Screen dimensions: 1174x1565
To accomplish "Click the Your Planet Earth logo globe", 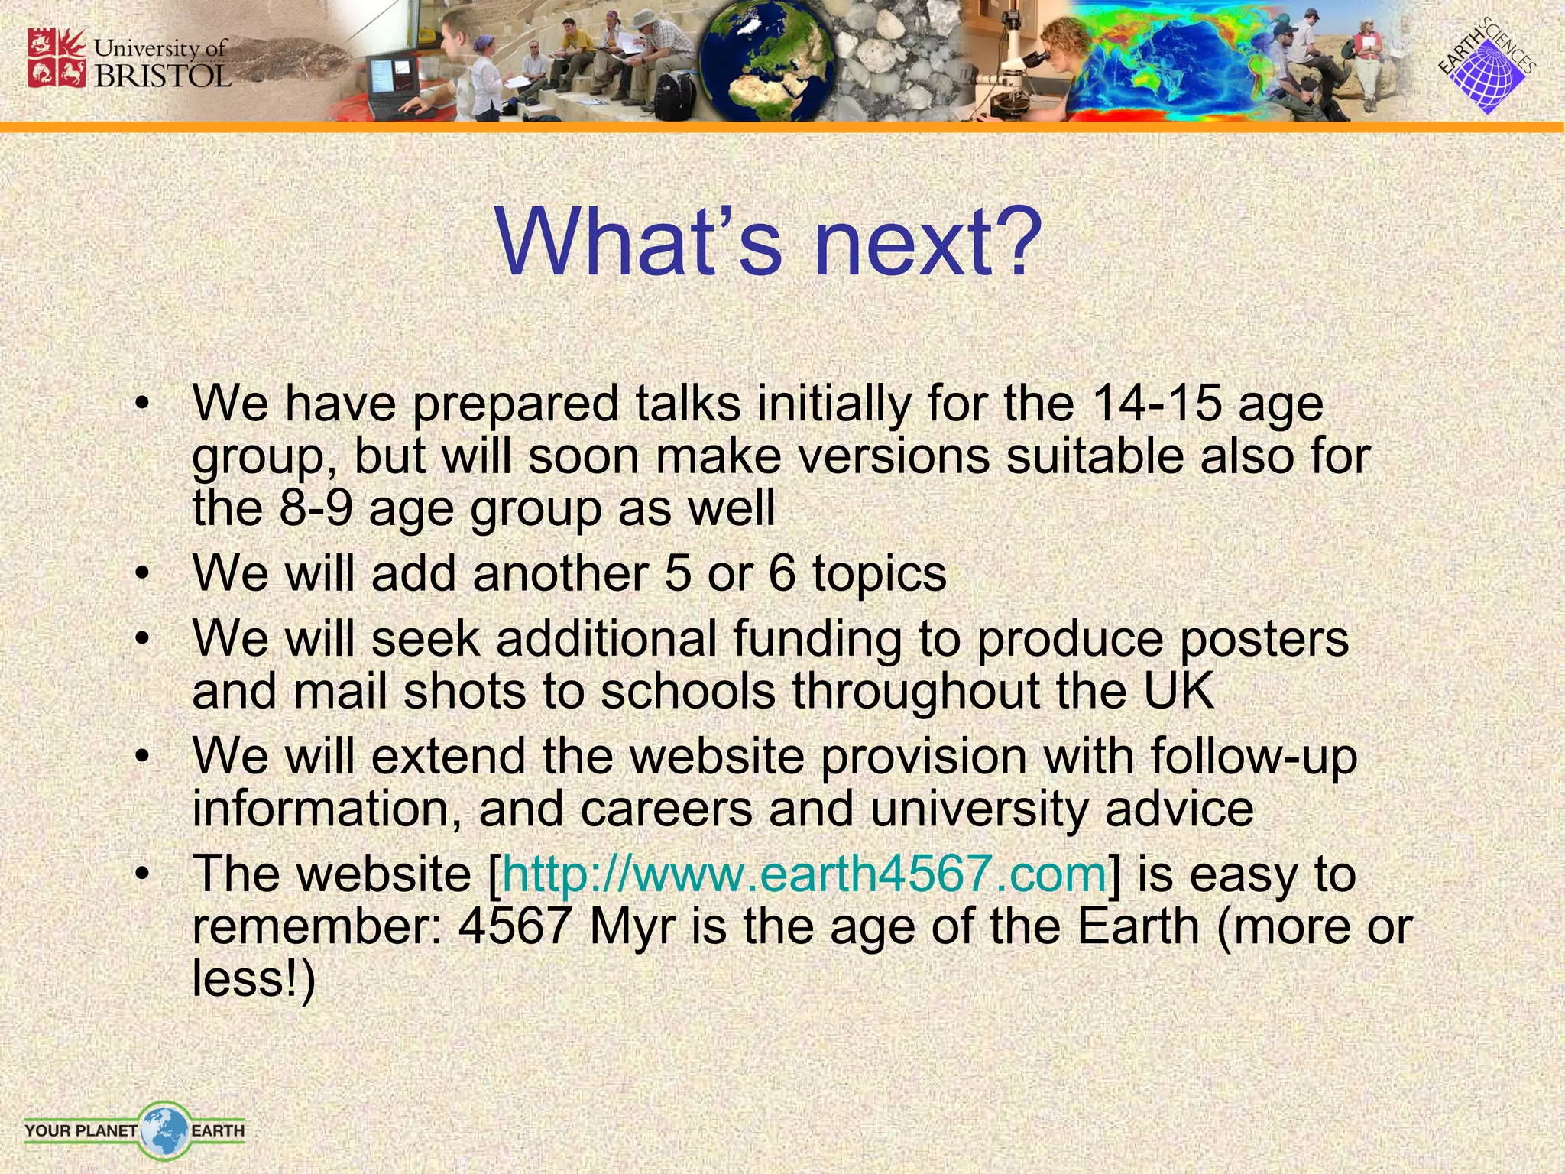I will point(164,1130).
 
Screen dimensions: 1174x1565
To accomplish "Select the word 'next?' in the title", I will point(928,242).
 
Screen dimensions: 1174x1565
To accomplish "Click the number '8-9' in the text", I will point(316,508).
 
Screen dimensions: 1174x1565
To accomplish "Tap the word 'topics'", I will point(880,573).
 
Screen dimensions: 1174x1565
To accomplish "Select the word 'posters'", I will point(1264,639).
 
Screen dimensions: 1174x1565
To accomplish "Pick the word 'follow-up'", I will point(1253,757).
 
